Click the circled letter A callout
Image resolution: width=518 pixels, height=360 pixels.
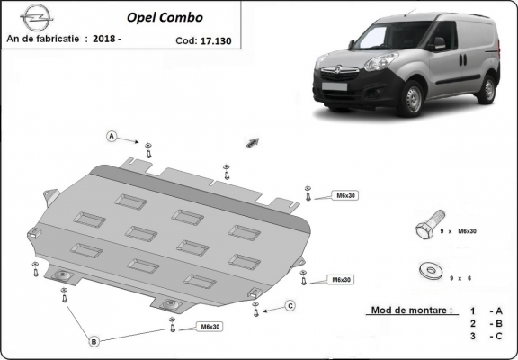pyautogui.click(x=112, y=137)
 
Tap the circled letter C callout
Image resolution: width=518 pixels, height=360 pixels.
pyautogui.click(x=290, y=306)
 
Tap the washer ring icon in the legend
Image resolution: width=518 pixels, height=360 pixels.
pyautogui.click(x=427, y=268)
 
